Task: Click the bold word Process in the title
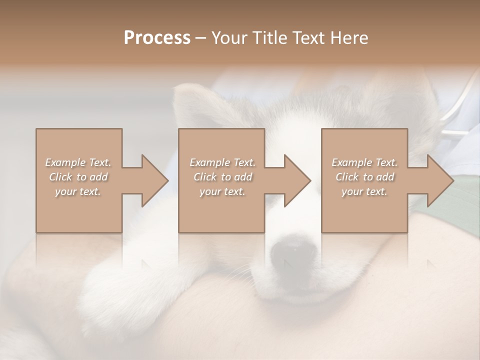click(x=157, y=38)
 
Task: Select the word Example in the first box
click(x=65, y=162)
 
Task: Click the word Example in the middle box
click(x=209, y=162)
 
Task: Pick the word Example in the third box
click(x=351, y=162)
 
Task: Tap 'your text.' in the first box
click(x=78, y=191)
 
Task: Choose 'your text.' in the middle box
click(x=222, y=191)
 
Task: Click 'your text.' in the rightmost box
click(x=364, y=191)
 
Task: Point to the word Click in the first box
click(x=60, y=177)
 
